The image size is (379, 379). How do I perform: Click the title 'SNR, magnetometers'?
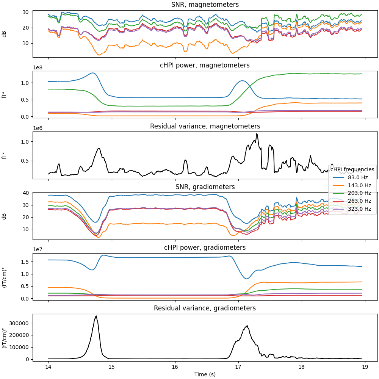point(205,5)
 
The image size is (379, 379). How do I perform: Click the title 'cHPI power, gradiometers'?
point(205,247)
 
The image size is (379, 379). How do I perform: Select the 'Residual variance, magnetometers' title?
point(205,126)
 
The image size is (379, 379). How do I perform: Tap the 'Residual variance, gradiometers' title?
point(205,308)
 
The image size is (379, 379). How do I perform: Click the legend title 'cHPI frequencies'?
point(352,169)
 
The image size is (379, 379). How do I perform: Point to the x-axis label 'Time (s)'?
point(205,374)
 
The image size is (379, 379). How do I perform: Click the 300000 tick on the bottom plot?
point(22,323)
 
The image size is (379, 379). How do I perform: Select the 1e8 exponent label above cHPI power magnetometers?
point(38,67)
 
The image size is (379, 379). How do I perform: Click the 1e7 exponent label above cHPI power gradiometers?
point(38,249)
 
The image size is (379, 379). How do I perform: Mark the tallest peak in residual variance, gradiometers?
point(96,316)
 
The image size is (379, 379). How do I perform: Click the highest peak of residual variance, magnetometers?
point(257,134)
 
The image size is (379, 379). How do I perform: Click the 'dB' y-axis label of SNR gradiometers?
point(5,216)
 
